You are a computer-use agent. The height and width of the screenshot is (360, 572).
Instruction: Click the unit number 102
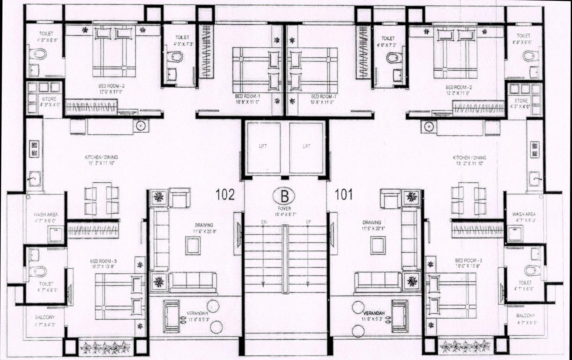click(x=225, y=195)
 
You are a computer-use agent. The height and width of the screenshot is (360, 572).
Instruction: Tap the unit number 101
click(x=344, y=195)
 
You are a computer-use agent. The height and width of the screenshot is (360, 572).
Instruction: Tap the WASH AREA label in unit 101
click(x=524, y=214)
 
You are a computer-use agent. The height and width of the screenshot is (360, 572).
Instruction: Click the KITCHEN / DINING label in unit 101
click(x=469, y=157)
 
